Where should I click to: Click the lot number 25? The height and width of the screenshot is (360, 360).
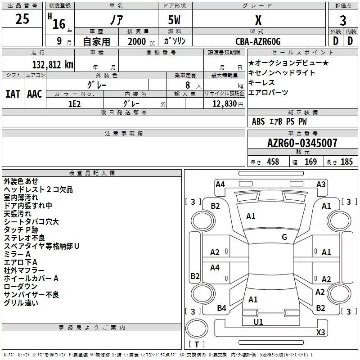point(22,19)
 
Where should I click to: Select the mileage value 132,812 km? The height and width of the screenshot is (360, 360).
point(53,64)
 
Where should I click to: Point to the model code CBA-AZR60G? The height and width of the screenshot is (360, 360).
point(258,41)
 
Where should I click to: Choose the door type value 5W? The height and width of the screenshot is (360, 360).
point(175,21)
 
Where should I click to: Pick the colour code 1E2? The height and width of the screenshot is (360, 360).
point(75,103)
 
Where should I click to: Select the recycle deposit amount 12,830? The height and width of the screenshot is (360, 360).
point(223,103)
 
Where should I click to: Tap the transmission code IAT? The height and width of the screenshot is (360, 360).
point(13,94)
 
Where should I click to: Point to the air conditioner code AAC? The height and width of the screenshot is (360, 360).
point(35,94)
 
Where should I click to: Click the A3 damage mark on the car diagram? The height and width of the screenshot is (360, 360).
point(321,184)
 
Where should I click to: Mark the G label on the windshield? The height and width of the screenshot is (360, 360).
point(284,237)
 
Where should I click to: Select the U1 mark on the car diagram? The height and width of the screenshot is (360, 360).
point(258,322)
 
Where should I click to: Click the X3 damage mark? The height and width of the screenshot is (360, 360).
point(321,333)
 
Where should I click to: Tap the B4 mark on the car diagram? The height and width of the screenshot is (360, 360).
point(221,308)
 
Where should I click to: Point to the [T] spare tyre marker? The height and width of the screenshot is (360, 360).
point(197,345)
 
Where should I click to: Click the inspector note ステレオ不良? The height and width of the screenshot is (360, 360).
point(24,238)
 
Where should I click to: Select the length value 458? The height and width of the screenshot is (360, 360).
point(273,162)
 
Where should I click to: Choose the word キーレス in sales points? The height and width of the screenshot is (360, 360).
point(261,83)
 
